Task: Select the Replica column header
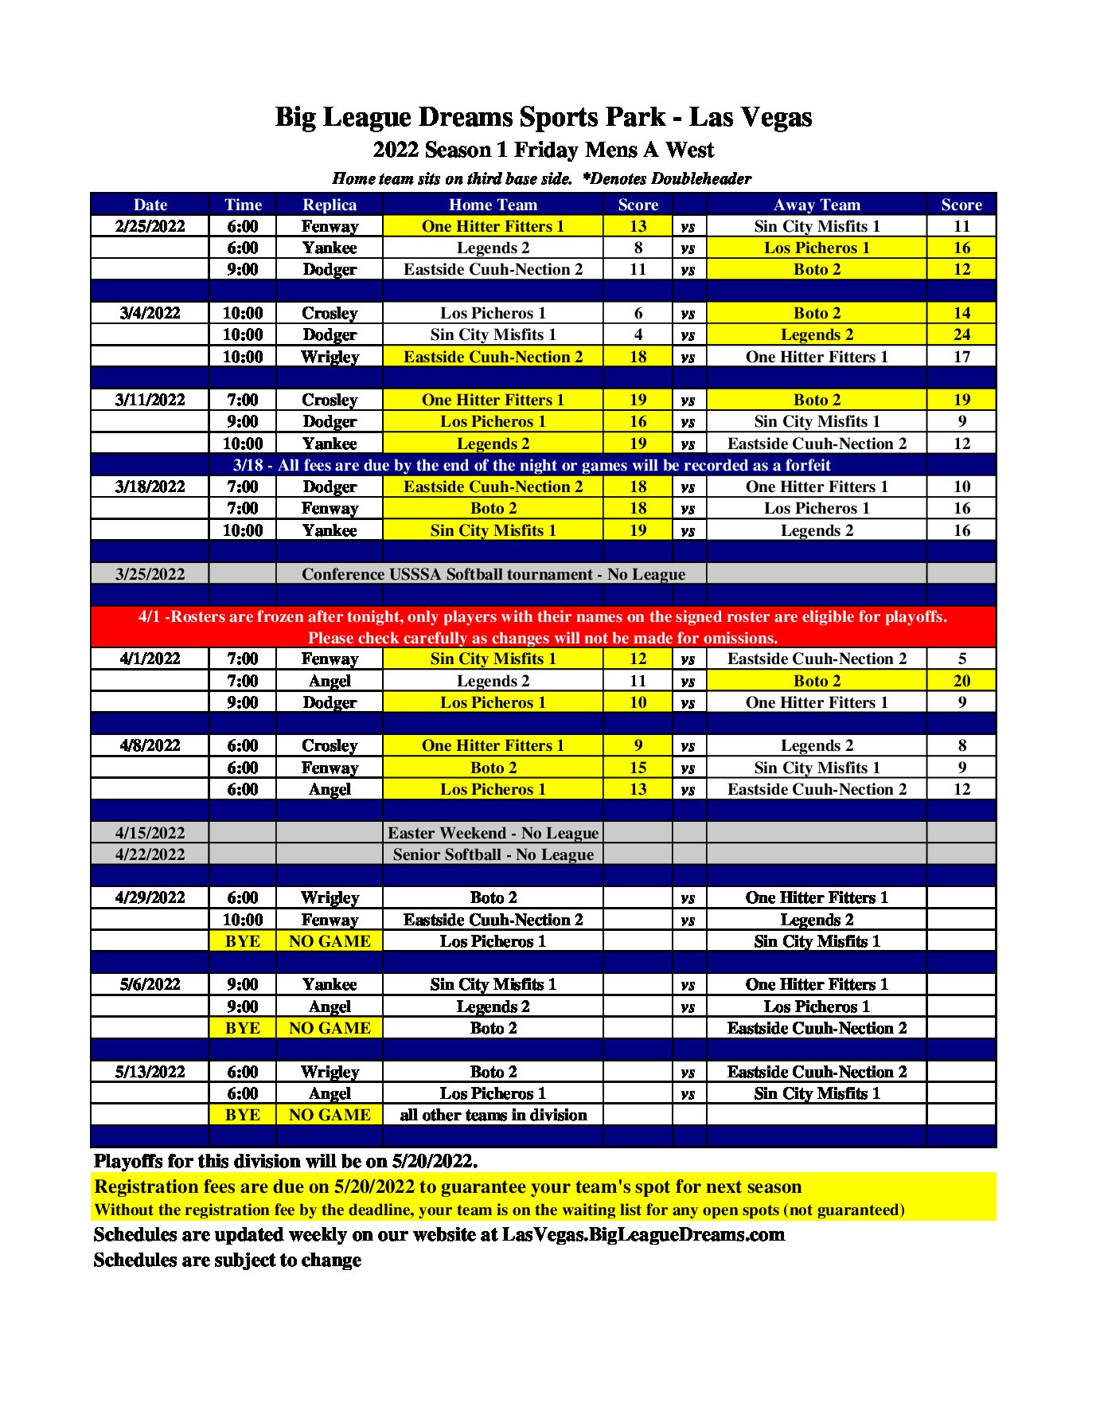[330, 205]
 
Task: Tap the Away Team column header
[817, 205]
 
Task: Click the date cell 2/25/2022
[150, 226]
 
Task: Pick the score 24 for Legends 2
[961, 334]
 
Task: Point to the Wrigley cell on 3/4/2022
[330, 357]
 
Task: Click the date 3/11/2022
[150, 400]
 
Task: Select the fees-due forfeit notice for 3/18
[531, 465]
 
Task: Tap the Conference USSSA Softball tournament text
[493, 574]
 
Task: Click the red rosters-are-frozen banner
[543, 627]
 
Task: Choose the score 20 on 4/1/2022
[961, 681]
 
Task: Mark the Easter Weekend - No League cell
[493, 833]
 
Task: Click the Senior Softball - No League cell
[493, 854]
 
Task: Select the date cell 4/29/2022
[150, 897]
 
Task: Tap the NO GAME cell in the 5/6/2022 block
[330, 1028]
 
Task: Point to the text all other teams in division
[493, 1115]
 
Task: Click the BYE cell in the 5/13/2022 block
[242, 1115]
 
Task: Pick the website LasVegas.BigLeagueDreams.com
[643, 1234]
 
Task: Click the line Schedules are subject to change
[228, 1260]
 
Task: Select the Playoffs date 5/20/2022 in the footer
[434, 1161]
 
